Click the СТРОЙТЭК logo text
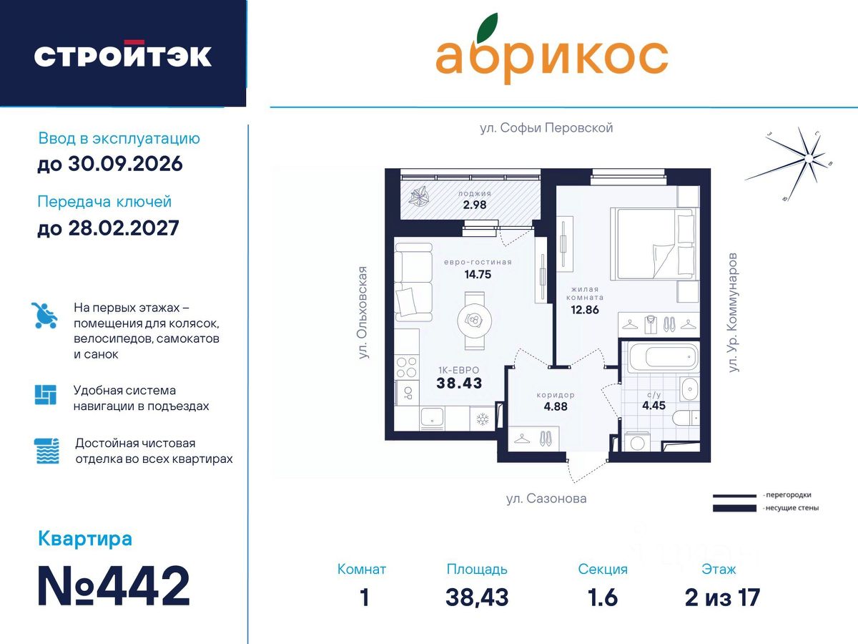click(123, 55)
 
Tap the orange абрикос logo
click(552, 49)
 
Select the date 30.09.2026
click(125, 163)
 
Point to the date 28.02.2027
click(124, 228)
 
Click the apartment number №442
click(114, 586)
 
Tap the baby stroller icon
click(44, 315)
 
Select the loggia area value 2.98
click(475, 205)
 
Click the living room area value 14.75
click(478, 275)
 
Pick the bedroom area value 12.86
click(585, 310)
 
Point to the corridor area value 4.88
click(556, 406)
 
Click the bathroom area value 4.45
click(654, 406)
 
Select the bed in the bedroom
click(654, 244)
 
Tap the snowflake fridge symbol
click(483, 419)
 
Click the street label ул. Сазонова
click(546, 499)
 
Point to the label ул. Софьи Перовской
click(546, 128)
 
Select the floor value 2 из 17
click(722, 597)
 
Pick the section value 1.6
click(602, 597)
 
